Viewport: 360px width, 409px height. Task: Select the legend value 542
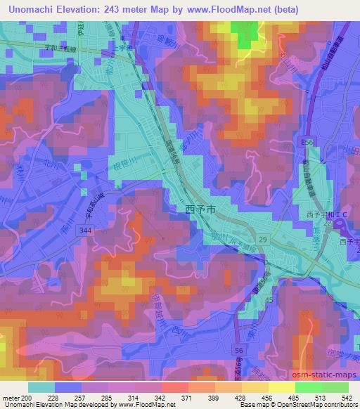(x=347, y=398)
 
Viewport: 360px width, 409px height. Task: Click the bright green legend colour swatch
(x=308, y=387)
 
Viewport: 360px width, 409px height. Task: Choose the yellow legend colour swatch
(x=282, y=387)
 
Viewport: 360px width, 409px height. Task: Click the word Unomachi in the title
(x=34, y=9)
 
